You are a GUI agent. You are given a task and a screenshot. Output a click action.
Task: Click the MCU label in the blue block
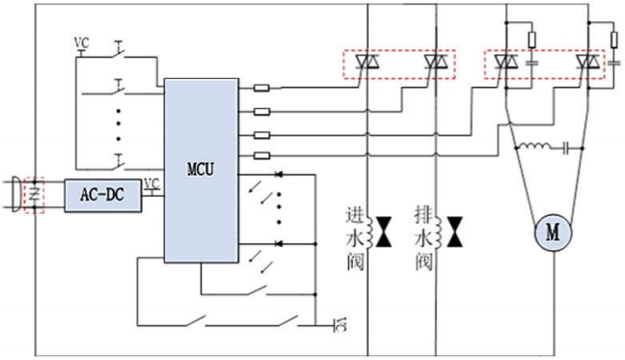point(201,171)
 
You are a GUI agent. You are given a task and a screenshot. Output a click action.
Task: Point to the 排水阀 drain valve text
point(421,236)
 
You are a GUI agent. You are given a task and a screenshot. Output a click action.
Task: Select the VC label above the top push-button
point(81,43)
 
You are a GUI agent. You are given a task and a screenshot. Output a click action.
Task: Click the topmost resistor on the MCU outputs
point(260,89)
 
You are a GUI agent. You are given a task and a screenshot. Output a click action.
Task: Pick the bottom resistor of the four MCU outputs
point(260,154)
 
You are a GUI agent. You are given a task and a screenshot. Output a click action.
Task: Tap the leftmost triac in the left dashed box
point(366,65)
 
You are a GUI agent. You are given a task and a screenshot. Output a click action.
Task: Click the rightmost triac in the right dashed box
point(585,65)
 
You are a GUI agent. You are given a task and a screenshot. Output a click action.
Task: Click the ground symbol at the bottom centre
point(337,321)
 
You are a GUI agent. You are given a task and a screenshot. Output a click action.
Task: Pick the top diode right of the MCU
point(282,177)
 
